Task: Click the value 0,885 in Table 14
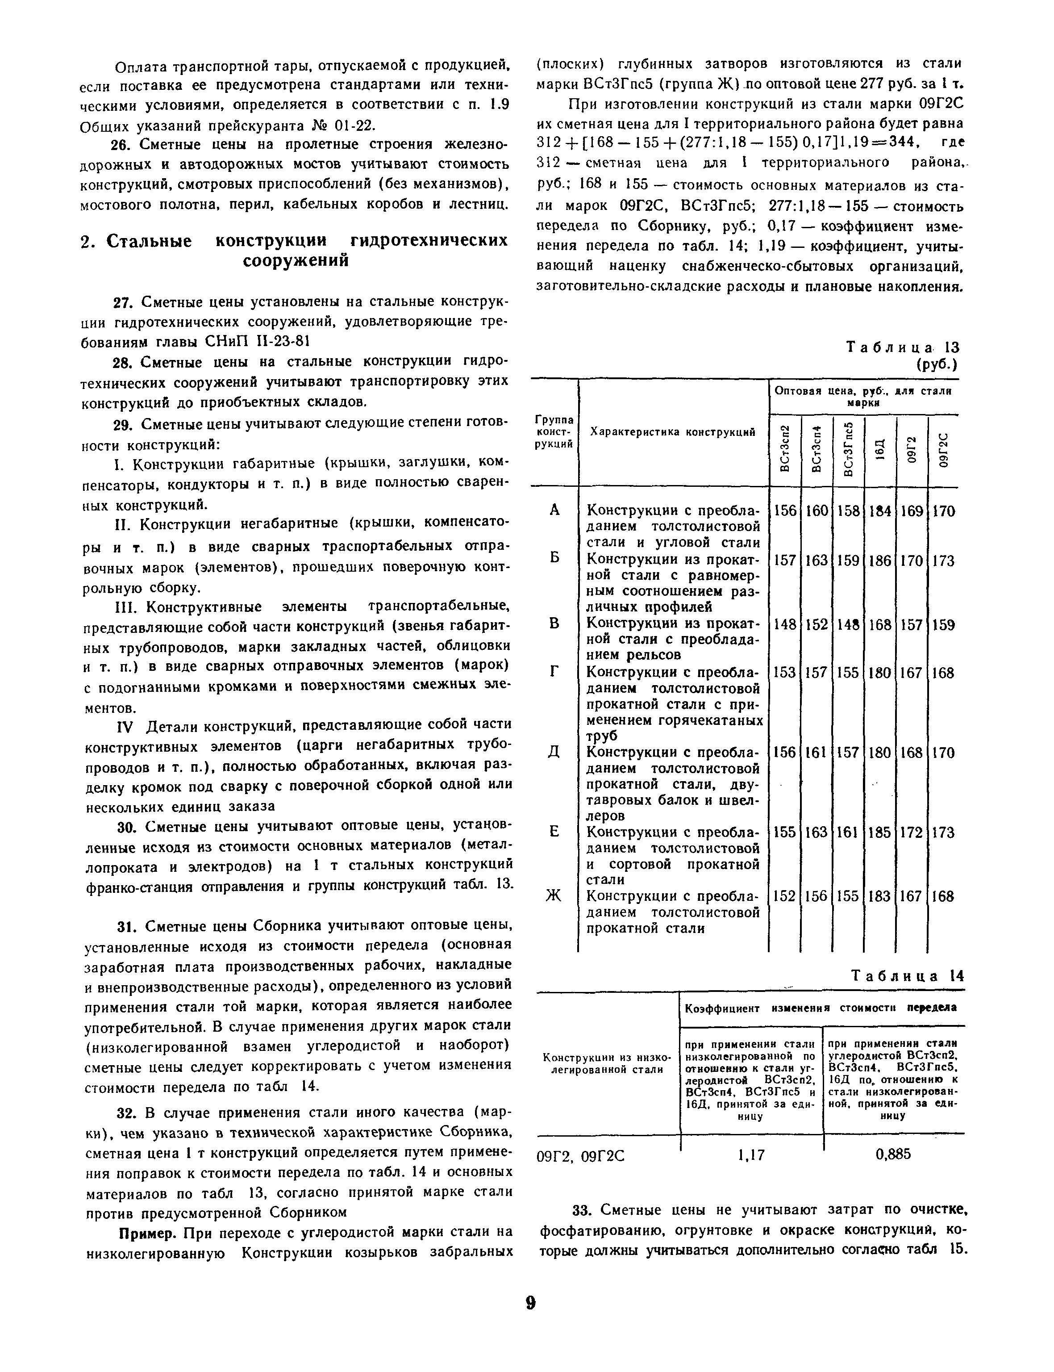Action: (893, 1154)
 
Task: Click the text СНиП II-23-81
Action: (257, 341)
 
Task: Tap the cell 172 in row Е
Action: (912, 832)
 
